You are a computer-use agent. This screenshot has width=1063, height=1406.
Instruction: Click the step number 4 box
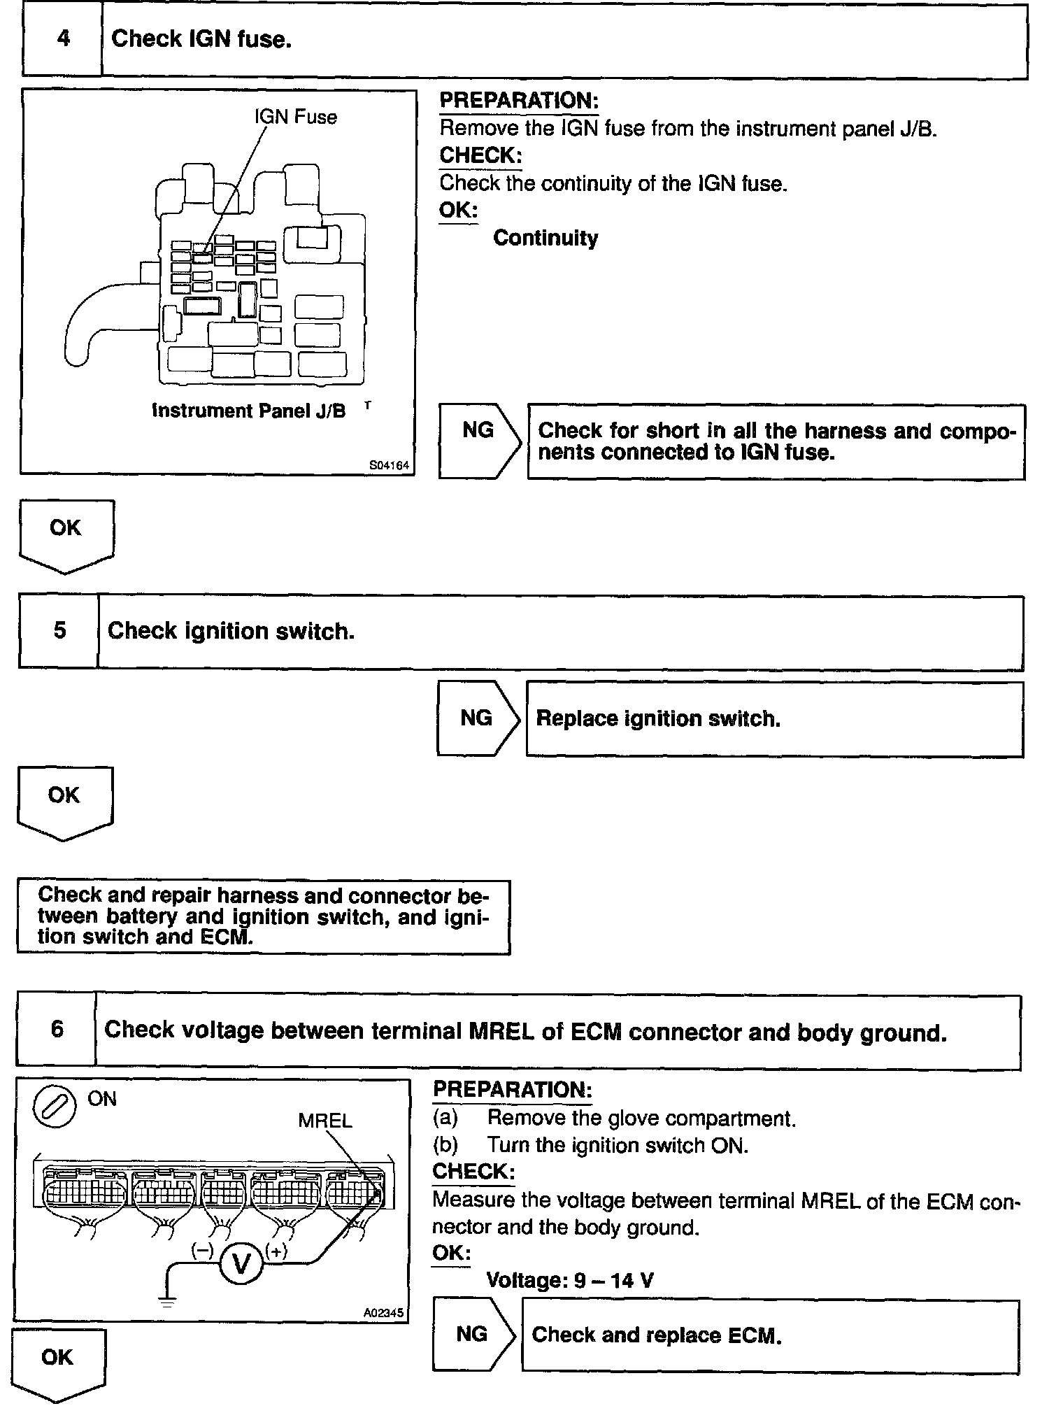63,39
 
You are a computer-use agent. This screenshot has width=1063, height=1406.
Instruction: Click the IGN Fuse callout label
295,117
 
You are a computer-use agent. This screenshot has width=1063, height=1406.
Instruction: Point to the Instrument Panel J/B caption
249,411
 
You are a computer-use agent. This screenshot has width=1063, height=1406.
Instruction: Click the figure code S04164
389,465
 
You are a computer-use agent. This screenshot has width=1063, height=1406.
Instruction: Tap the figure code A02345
383,1313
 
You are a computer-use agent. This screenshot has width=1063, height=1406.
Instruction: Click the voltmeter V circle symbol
241,1265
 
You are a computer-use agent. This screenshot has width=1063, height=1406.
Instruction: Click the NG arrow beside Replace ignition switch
478,718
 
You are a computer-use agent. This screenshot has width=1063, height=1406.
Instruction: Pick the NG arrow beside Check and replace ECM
473,1334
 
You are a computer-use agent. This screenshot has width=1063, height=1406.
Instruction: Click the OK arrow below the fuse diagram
66,534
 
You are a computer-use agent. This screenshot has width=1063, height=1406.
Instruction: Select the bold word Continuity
545,238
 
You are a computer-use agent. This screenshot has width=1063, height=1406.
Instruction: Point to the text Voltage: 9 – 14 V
570,1280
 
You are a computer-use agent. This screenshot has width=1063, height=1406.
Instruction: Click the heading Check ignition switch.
231,631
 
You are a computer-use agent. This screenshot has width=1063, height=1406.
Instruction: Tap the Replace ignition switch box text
657,718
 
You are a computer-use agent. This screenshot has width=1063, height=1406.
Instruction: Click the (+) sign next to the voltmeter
276,1251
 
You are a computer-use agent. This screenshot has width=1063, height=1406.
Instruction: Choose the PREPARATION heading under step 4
519,100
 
